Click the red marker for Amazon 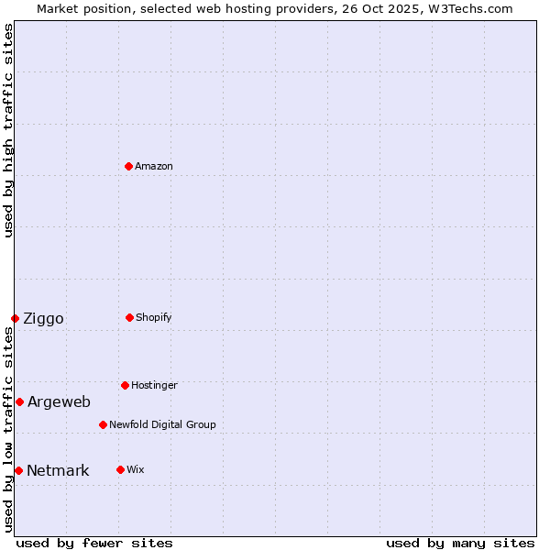coord(129,166)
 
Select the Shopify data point coord(129,317)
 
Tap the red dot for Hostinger coord(125,385)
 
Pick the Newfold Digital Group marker coord(103,424)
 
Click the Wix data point coord(120,469)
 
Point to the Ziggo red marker coord(15,318)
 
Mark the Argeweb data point coord(19,401)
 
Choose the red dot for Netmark coord(18,470)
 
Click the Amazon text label coord(154,166)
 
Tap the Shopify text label coord(154,317)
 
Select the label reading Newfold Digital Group coord(162,424)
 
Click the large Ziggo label coord(43,318)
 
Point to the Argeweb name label coord(59,401)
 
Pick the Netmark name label coord(58,470)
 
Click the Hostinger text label coord(154,385)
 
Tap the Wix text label coord(135,469)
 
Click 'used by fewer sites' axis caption coord(94,543)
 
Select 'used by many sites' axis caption coord(460,543)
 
